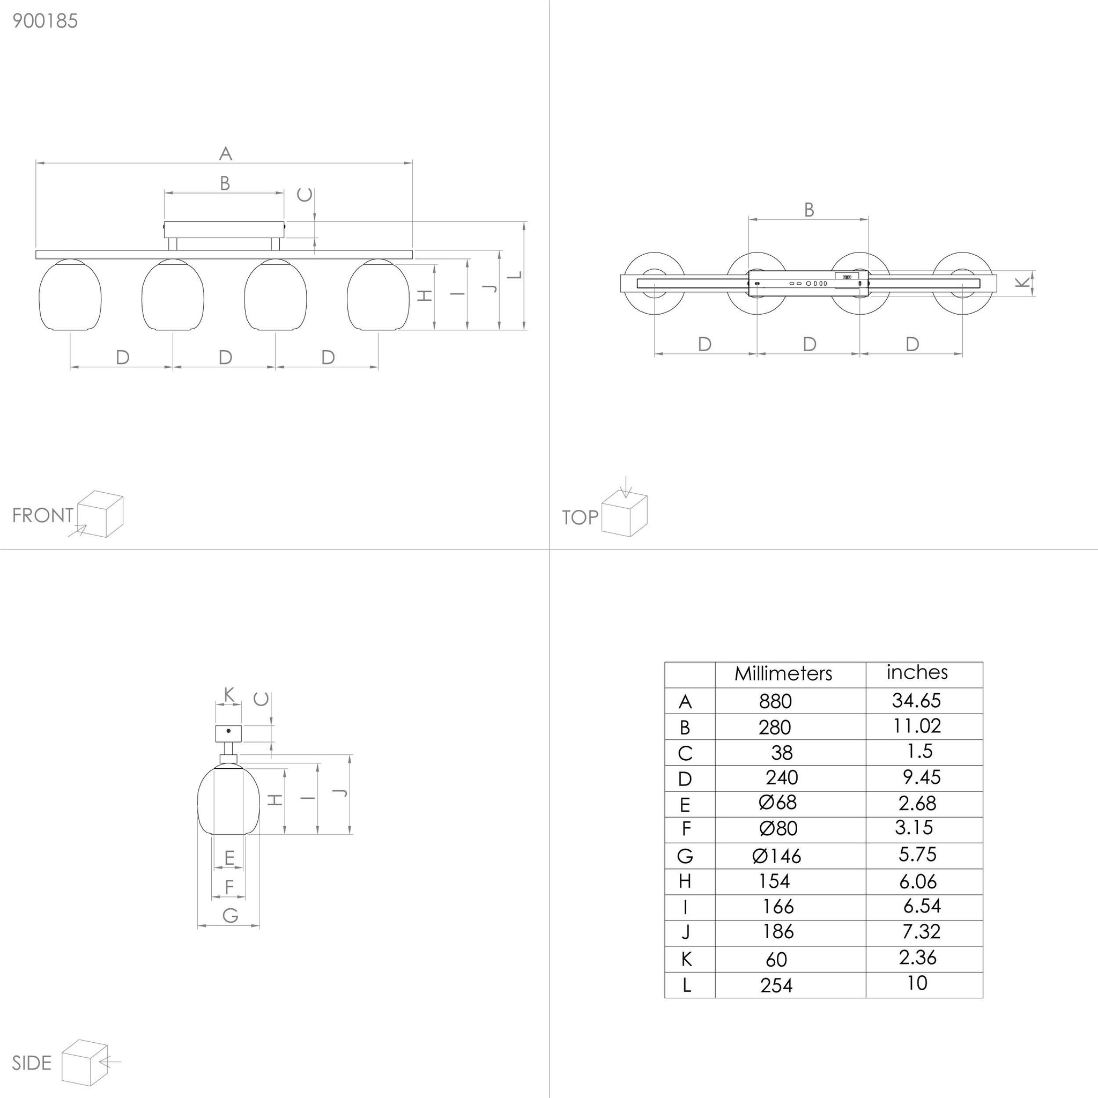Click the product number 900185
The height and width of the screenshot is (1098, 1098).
tap(45, 21)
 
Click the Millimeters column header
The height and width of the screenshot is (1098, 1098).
tap(783, 673)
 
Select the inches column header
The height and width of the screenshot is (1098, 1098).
tap(917, 672)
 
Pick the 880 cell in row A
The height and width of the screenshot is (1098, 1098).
tap(775, 701)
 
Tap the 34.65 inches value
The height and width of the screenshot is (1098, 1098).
tap(916, 700)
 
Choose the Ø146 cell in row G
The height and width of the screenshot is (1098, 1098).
tap(776, 856)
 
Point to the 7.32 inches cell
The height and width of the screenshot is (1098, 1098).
tap(921, 931)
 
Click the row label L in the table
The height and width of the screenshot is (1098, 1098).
tap(687, 985)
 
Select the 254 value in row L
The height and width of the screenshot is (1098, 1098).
tap(776, 985)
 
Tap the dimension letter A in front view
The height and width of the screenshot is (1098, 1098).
tap(226, 153)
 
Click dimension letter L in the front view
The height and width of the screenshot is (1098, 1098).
tap(515, 275)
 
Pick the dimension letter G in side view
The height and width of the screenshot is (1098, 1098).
tap(230, 915)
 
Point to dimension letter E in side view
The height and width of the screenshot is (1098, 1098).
tap(229, 858)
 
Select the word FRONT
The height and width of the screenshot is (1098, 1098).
tap(43, 515)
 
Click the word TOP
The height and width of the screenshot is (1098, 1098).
tap(580, 517)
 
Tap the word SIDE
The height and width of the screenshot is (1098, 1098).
tap(31, 1063)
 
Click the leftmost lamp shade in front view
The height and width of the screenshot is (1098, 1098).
tap(70, 295)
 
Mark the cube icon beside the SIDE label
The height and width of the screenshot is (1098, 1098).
tap(85, 1063)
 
